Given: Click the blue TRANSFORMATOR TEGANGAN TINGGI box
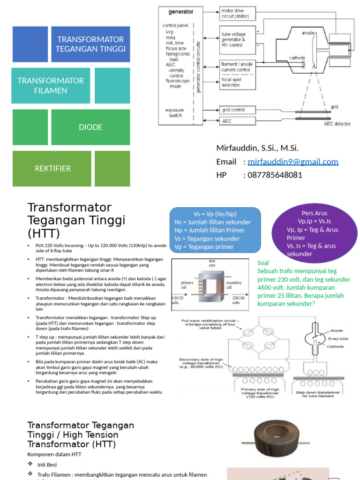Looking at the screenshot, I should click(90, 44).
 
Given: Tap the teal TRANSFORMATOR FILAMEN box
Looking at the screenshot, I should click(51, 85).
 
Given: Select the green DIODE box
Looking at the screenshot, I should click(90, 127).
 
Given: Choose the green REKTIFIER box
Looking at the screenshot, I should click(52, 168).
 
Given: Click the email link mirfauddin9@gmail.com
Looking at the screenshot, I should click(293, 162).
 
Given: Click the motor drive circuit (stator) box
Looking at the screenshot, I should click(238, 13).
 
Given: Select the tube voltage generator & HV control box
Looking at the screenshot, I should click(238, 39).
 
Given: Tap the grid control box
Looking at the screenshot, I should click(238, 110).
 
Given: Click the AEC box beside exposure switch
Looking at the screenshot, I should click(238, 121).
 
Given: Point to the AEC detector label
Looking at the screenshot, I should click(337, 123).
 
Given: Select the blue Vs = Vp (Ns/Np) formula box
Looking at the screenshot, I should click(215, 230).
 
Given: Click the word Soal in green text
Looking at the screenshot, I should click(263, 263).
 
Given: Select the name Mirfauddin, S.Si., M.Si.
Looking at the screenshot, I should click(257, 148).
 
